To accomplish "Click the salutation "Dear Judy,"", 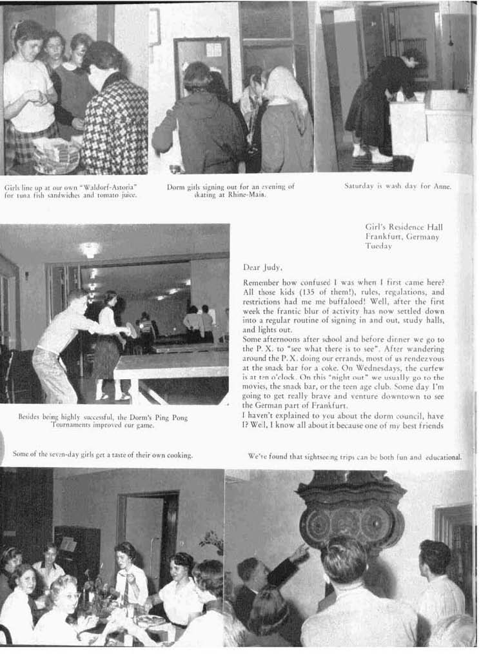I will (262, 267).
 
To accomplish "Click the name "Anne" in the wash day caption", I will (440, 186).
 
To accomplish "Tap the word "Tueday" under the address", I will (378, 246).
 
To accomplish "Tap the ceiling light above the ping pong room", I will (89, 249).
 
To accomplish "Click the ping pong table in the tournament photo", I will (171, 368).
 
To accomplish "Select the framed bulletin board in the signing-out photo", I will (202, 64).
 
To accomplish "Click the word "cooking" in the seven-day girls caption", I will (179, 455).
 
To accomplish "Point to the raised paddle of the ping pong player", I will (132, 330).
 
